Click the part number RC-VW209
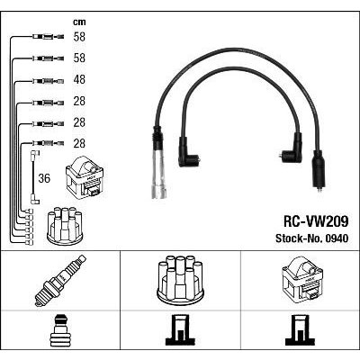coord(316,221)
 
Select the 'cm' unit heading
coord(79,22)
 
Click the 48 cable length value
coord(79,79)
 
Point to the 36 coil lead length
coord(44,178)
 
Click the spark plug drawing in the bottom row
coord(60,281)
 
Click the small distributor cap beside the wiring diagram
coord(65,226)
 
